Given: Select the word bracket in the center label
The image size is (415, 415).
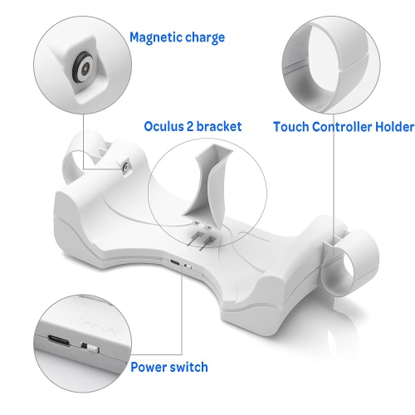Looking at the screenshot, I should [x=219, y=127].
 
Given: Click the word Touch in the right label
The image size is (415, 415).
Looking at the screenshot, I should [x=291, y=127].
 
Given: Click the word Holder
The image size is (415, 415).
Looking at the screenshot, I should [x=393, y=127].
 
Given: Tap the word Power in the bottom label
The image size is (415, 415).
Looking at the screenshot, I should [x=151, y=366].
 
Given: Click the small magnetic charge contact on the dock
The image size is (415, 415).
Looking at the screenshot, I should [x=124, y=168].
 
